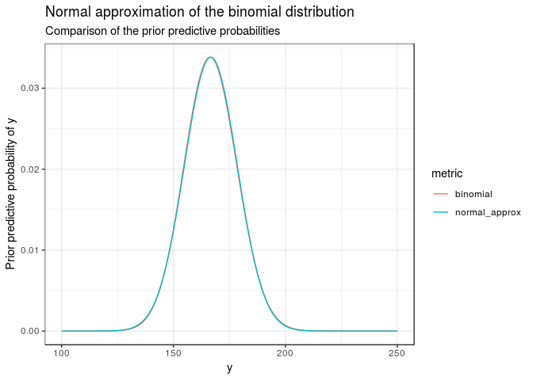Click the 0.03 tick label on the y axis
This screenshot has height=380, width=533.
28,88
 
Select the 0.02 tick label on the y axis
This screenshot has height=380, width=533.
28,169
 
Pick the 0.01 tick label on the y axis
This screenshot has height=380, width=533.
28,250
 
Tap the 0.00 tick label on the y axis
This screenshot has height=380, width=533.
28,331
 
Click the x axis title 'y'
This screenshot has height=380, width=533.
229,368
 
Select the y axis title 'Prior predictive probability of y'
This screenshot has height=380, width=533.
11,193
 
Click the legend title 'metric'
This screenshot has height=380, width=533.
447,173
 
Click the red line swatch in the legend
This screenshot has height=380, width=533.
440,194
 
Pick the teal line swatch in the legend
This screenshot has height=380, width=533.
440,212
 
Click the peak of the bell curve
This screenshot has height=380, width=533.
211,57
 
